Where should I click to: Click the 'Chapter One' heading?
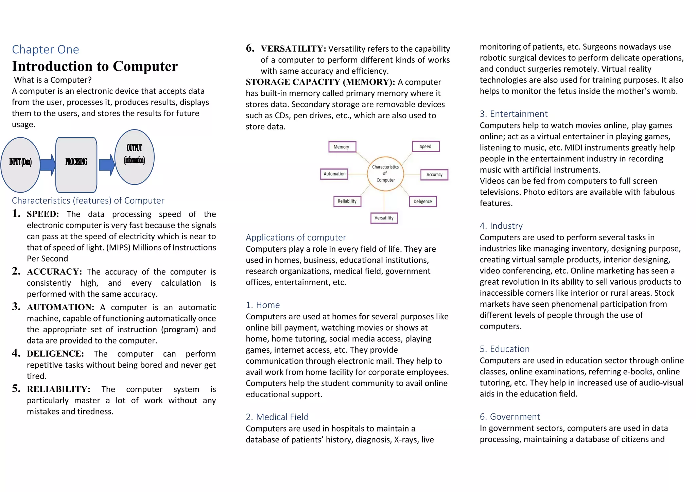[x=46, y=50]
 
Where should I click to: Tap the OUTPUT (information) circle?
[x=135, y=157]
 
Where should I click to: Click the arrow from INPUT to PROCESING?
[x=48, y=165]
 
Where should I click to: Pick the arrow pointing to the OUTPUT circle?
[x=107, y=165]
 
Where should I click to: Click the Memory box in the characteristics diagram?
[x=342, y=147]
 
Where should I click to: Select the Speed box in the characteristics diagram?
[x=425, y=146]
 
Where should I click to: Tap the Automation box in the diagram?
[x=334, y=174]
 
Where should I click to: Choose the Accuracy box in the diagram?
[x=434, y=175]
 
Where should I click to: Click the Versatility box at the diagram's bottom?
[x=384, y=218]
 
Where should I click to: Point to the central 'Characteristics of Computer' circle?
[x=385, y=174]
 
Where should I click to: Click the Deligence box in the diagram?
[x=422, y=201]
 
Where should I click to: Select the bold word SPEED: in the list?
[x=43, y=214]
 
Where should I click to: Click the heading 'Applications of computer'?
[x=296, y=237]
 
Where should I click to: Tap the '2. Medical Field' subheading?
[x=277, y=417]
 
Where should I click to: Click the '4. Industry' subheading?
[x=501, y=226]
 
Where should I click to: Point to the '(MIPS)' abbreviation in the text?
[x=119, y=248]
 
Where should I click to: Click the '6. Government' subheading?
[x=510, y=417]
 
